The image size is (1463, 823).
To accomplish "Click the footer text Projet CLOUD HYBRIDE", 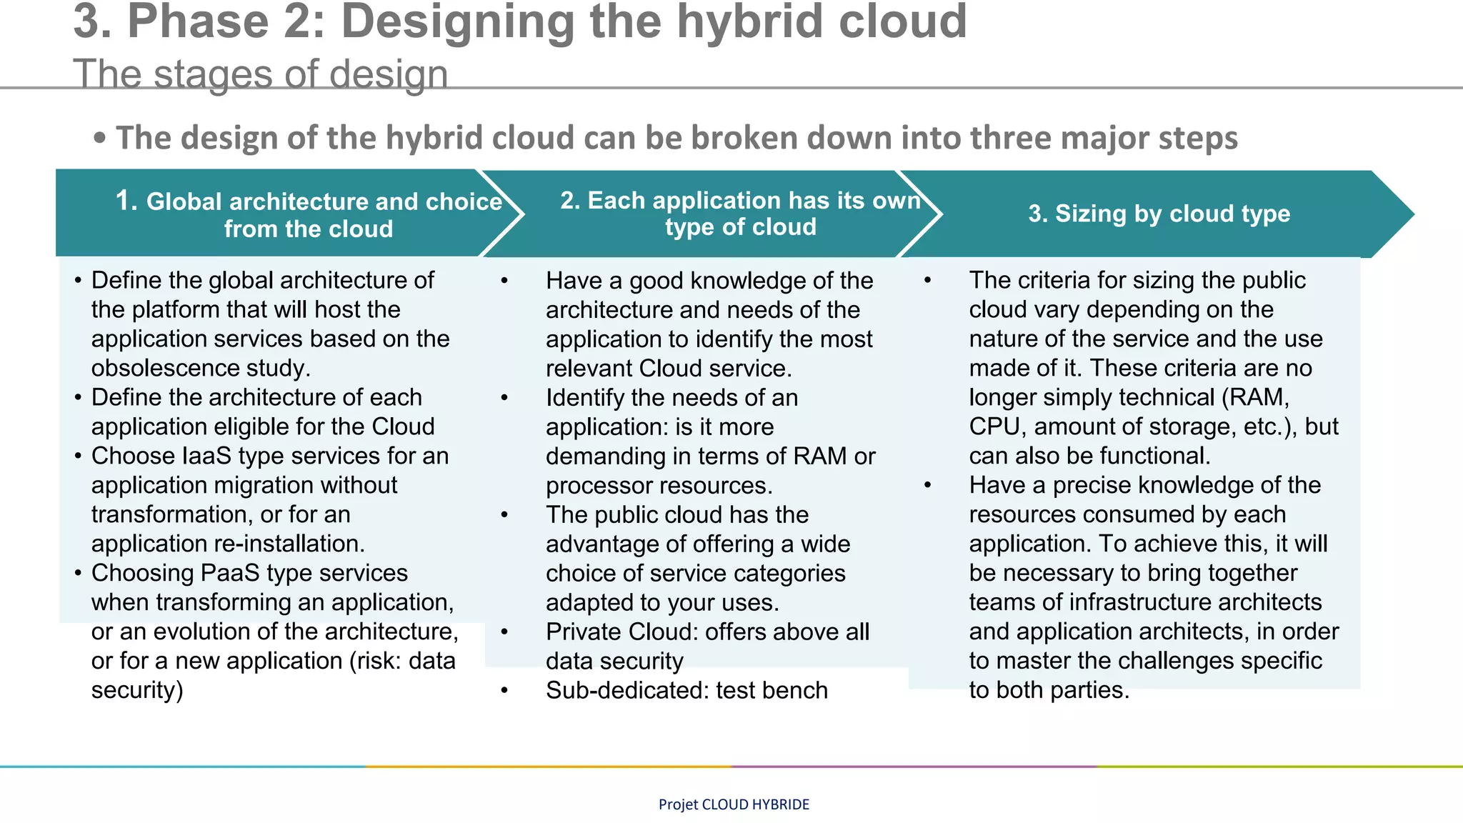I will pyautogui.click(x=734, y=804).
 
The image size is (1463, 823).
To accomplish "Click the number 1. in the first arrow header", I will pyautogui.click(x=126, y=201).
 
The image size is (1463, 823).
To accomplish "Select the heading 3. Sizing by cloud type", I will pyautogui.click(x=1159, y=214).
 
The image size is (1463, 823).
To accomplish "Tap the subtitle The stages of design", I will pyautogui.click(x=261, y=74).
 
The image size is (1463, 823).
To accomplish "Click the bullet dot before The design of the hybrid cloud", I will pyautogui.click(x=100, y=138).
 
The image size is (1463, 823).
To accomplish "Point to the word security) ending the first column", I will pyautogui.click(x=137, y=690).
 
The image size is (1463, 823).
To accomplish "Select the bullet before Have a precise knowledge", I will pyautogui.click(x=927, y=485).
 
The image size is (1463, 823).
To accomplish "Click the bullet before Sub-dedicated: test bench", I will pyautogui.click(x=504, y=690).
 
